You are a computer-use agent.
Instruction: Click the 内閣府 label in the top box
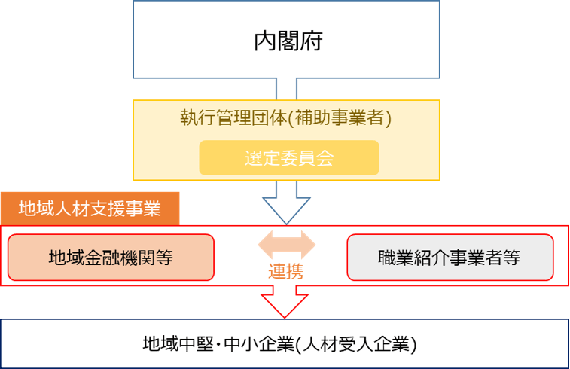click(x=288, y=41)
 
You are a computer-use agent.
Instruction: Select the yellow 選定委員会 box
click(x=288, y=158)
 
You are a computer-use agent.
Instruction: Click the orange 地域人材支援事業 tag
click(x=90, y=209)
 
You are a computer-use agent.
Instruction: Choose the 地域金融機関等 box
click(x=111, y=258)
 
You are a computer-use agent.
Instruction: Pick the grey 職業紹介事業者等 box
click(x=450, y=258)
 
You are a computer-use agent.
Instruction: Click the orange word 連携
click(x=286, y=272)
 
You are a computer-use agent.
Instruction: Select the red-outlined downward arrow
click(x=286, y=301)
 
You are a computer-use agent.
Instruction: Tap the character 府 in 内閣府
click(x=311, y=41)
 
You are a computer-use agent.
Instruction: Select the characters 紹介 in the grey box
click(x=431, y=258)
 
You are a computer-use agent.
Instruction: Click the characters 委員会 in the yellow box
click(x=306, y=158)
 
